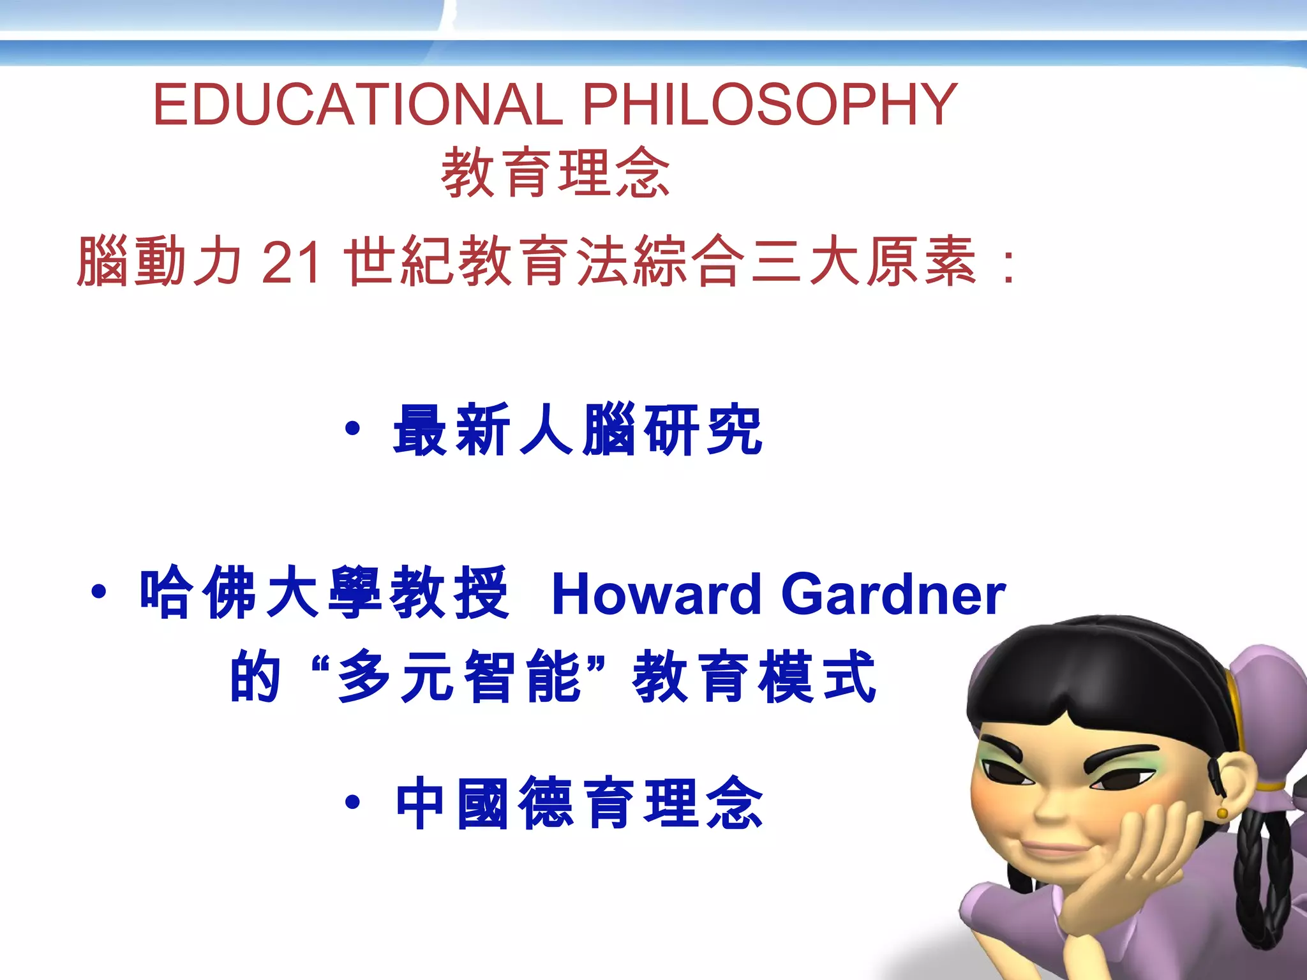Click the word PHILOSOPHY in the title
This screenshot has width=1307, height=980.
(770, 105)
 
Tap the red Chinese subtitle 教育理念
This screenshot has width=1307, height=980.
(555, 172)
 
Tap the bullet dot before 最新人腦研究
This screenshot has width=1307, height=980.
(352, 429)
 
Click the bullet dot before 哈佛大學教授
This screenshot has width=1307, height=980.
(98, 592)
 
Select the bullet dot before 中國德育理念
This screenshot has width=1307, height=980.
(352, 802)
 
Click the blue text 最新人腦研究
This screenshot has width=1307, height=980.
(578, 430)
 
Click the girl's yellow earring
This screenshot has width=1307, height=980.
(1221, 813)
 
